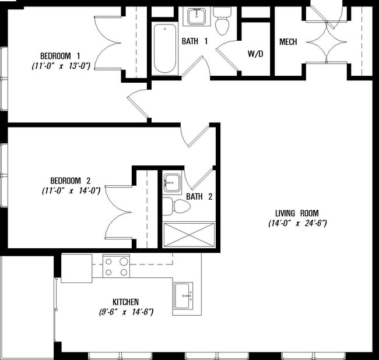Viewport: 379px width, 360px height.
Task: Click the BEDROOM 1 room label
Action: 60,56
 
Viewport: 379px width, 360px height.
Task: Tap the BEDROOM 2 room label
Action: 71,181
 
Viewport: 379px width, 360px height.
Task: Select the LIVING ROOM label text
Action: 297,213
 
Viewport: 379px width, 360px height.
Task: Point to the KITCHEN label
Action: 126,302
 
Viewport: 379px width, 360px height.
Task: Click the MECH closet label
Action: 288,42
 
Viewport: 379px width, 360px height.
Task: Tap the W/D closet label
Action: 255,54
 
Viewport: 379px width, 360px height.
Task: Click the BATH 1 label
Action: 195,41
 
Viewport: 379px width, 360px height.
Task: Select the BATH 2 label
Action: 199,196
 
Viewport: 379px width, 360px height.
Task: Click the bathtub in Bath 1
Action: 165,48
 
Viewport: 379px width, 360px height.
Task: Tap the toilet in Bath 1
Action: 222,21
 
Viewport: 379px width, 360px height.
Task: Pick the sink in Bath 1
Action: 196,16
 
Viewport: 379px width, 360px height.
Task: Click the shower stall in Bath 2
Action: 189,235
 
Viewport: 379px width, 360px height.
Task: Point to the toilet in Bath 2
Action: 177,206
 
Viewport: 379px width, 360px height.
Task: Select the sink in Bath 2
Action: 172,182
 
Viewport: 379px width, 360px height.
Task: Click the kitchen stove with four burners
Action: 116,266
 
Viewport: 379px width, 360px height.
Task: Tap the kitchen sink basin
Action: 183,296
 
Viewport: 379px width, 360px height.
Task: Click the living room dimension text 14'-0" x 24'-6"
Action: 297,223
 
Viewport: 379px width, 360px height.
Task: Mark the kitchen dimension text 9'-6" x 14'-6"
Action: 126,312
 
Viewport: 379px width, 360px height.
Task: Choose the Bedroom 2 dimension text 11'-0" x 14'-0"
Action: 71,190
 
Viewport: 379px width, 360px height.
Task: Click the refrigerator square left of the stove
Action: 76,268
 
